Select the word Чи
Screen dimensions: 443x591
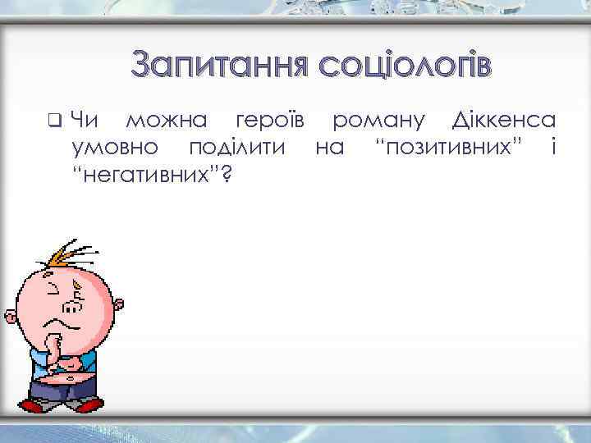point(85,121)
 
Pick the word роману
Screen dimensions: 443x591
point(378,122)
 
